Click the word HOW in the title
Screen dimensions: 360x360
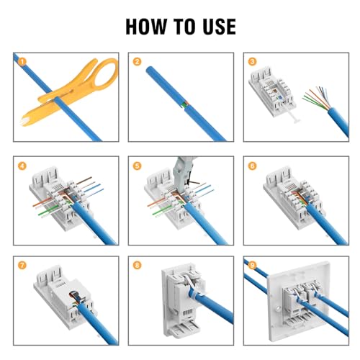[x=146, y=27]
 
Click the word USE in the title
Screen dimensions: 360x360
[x=219, y=27]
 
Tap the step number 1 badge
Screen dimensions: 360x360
[x=22, y=62]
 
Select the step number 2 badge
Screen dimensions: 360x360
[x=137, y=62]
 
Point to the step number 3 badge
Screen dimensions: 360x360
[x=252, y=62]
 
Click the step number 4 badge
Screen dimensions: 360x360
[x=22, y=166]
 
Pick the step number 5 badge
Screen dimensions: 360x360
[x=137, y=166]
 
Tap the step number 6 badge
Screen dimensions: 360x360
[x=252, y=166]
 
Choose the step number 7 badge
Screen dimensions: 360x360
[x=22, y=266]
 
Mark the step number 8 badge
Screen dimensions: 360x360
[x=137, y=266]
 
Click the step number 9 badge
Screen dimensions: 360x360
[x=252, y=266]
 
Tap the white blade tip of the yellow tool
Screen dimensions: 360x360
[x=23, y=122]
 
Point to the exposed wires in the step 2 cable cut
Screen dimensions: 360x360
[x=184, y=104]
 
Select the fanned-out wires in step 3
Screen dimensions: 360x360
[x=316, y=99]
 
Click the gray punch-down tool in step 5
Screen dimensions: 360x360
[x=182, y=173]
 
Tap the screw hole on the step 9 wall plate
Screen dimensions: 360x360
[x=279, y=310]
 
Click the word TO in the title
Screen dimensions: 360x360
[x=185, y=27]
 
